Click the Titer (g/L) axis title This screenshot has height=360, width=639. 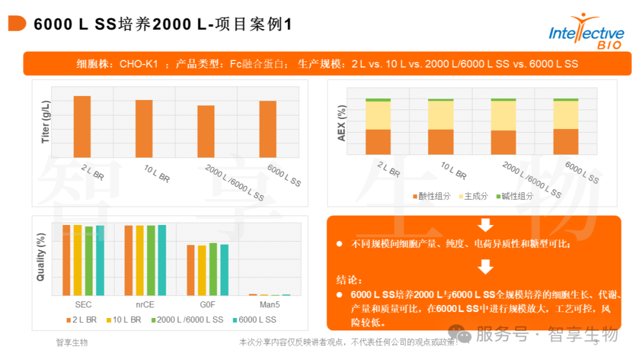click(x=46, y=122)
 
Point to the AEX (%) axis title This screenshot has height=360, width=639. click(x=341, y=123)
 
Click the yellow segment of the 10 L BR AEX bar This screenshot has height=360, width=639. click(x=440, y=115)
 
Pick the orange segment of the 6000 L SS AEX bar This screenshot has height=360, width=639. click(x=566, y=142)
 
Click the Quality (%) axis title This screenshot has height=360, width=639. click(x=41, y=258)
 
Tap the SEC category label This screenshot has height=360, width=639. click(x=83, y=304)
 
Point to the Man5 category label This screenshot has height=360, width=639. click(x=270, y=304)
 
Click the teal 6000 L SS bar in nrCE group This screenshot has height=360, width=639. click(x=162, y=260)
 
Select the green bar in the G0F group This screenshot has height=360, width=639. click(x=213, y=269)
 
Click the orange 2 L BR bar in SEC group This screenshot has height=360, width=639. click(x=66, y=260)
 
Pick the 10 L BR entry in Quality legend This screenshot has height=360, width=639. click(x=124, y=320)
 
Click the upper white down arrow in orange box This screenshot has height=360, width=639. click(x=485, y=225)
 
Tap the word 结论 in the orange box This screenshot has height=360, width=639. click(x=348, y=280)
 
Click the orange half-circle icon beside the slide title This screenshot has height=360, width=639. click(x=17, y=24)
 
